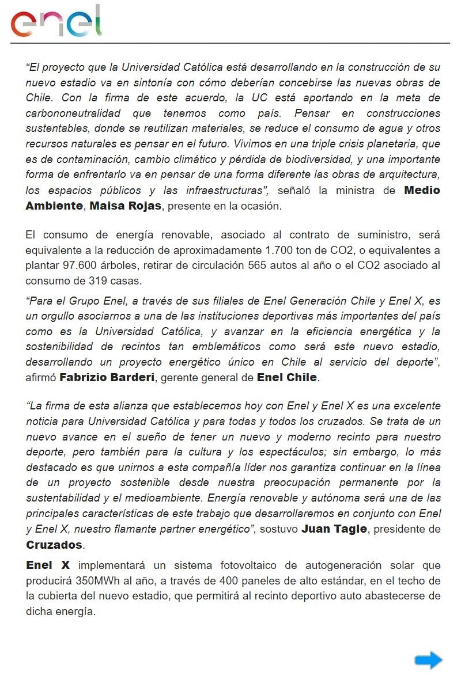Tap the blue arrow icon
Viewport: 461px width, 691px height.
pyautogui.click(x=428, y=660)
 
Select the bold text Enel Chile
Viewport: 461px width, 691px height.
pyautogui.click(x=287, y=378)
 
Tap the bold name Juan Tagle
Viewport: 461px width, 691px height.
pyautogui.click(x=334, y=529)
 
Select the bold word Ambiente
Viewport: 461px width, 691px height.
pyautogui.click(x=54, y=206)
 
